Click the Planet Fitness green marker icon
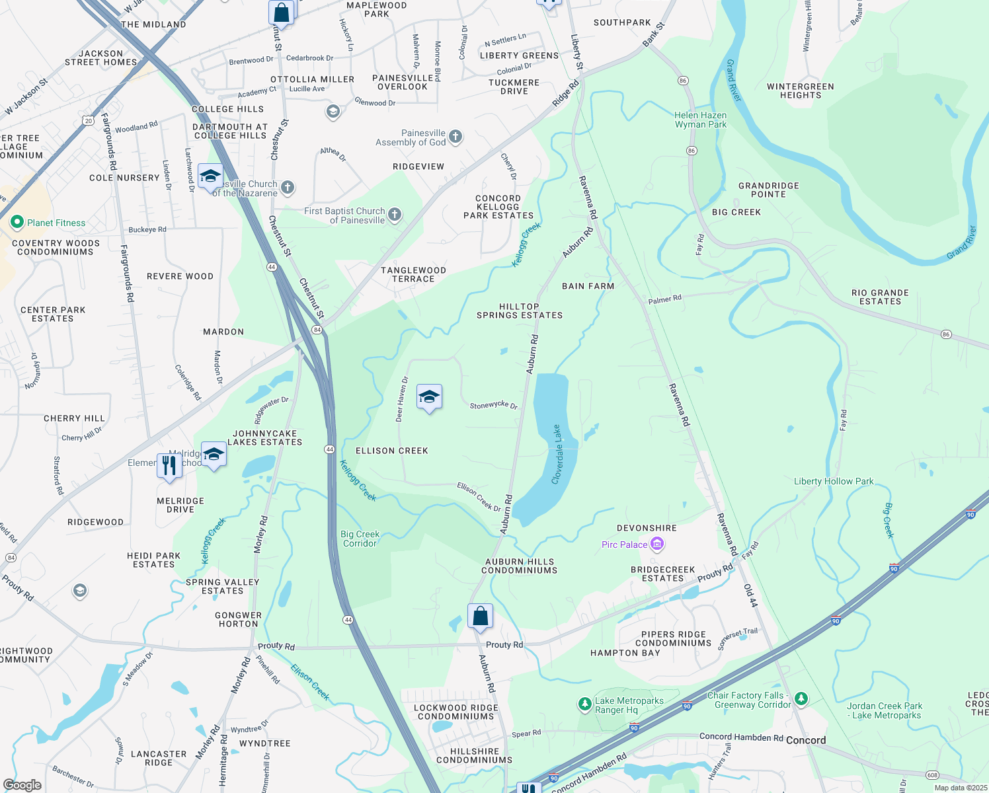pos(17,223)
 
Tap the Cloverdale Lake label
pos(557,455)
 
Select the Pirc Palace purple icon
pos(657,545)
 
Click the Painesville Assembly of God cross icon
pos(455,137)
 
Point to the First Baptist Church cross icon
pos(394,214)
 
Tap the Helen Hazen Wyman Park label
pos(700,120)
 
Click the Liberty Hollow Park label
pos(833,481)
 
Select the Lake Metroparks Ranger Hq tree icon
pos(584,704)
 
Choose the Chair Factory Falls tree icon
pos(801,699)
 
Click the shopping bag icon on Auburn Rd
pos(481,616)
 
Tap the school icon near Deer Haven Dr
pos(429,397)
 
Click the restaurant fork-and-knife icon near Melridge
pos(169,465)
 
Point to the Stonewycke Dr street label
pos(493,405)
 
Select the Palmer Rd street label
pos(664,299)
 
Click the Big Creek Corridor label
pos(360,539)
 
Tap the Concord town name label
pos(805,740)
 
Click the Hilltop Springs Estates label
pos(520,311)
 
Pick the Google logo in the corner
pos(22,784)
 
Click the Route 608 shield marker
pos(932,775)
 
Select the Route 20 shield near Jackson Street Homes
pos(89,120)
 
